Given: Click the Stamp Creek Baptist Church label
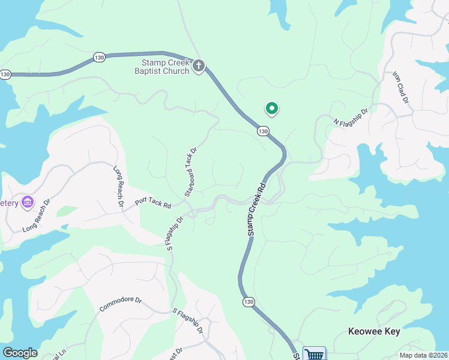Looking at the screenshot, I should [x=165, y=67].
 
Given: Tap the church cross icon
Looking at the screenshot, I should [x=199, y=66].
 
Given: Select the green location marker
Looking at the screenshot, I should [x=272, y=109].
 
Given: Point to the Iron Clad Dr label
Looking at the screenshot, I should [x=400, y=88].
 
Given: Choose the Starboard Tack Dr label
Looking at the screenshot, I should [x=190, y=172].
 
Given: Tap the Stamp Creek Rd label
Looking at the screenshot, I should [x=256, y=209].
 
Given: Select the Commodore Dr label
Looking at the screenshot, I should [x=120, y=304].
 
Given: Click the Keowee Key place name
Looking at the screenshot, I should [x=374, y=331].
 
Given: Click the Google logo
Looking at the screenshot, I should [x=20, y=353].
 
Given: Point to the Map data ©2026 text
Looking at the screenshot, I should [x=424, y=355].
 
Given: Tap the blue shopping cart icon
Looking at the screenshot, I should [x=314, y=354].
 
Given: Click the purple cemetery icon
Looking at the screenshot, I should [x=27, y=202].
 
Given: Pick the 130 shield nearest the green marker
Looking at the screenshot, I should [x=262, y=131].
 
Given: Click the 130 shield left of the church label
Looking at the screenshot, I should [x=99, y=57].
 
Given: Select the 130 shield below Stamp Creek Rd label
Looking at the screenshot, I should [x=247, y=301].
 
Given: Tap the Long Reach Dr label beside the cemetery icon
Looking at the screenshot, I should [x=38, y=221].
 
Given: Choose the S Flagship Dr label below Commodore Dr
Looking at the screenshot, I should [x=188, y=321].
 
